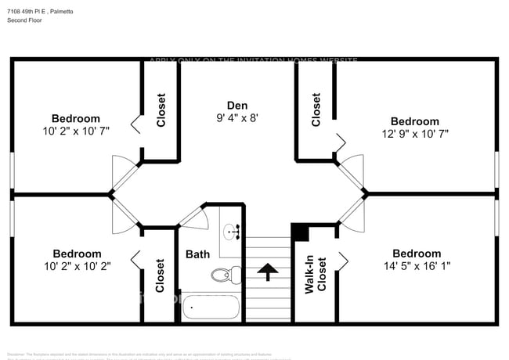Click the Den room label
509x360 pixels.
point(237,105)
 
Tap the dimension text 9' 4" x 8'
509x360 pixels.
point(237,118)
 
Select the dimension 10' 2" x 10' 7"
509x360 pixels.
point(77,131)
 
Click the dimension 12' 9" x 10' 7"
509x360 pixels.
point(415,135)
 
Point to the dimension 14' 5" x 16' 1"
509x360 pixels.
point(416,267)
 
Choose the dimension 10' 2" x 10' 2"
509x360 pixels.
point(77,266)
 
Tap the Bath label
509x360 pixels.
point(197,254)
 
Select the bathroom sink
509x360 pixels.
point(231,232)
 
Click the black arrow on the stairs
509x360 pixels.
point(269,272)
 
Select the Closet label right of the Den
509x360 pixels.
point(316,110)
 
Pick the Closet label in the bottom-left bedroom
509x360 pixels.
point(161,275)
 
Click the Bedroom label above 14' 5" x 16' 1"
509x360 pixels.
point(416,254)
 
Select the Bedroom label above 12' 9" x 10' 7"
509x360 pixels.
point(415,121)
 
